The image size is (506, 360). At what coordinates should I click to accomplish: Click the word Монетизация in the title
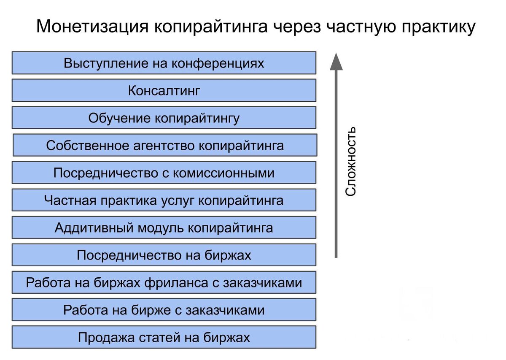tap(92, 27)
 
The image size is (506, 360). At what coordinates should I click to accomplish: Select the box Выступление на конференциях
tap(164, 63)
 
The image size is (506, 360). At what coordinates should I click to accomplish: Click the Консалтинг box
tap(164, 90)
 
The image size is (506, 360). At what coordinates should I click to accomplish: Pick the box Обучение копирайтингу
tap(164, 118)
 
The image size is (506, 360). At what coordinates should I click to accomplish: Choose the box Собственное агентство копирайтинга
tap(165, 145)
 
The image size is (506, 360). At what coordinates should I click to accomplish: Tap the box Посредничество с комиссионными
tap(164, 173)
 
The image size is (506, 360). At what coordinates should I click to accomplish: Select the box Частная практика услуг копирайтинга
tap(164, 200)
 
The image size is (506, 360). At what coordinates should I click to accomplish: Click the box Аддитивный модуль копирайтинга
tap(164, 227)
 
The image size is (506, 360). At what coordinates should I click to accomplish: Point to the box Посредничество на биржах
tap(164, 255)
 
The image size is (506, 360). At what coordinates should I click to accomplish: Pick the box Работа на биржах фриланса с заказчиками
tap(164, 282)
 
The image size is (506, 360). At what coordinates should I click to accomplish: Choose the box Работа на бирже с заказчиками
tap(164, 310)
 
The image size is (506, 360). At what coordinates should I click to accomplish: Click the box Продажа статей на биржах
tap(164, 337)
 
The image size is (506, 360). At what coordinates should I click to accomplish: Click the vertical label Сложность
tap(350, 161)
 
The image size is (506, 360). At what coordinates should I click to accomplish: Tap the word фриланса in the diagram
tap(176, 283)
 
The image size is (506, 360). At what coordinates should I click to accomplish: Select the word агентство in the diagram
tap(164, 146)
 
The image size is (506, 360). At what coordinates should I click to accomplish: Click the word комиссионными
tap(224, 173)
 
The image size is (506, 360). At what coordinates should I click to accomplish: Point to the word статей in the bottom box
tap(159, 338)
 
